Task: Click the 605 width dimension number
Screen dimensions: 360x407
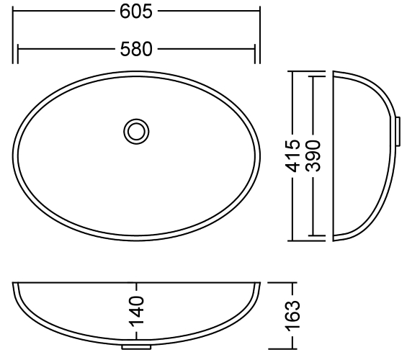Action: click(135, 11)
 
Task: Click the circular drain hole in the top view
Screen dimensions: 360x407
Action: click(135, 131)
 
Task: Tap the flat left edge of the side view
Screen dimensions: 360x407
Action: click(333, 155)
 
